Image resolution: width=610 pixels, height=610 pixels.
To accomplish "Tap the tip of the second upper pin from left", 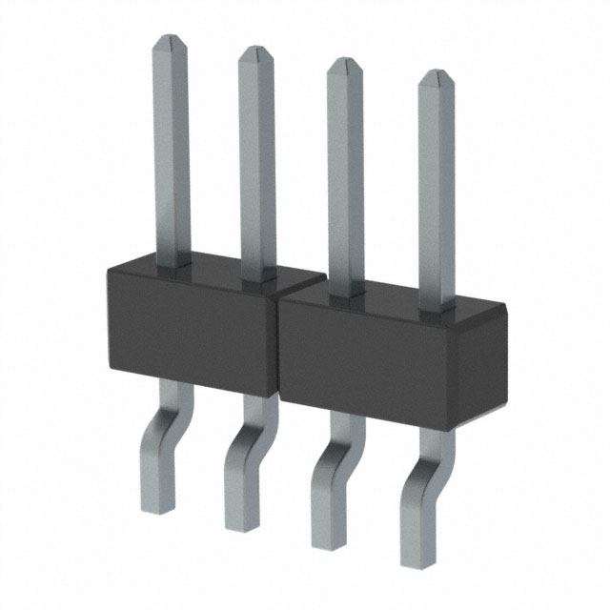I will pyautogui.click(x=256, y=50).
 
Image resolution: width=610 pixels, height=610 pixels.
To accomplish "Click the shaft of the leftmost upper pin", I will pyautogui.click(x=171, y=152).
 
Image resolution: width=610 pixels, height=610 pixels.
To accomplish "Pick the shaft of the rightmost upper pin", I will pyautogui.click(x=437, y=191).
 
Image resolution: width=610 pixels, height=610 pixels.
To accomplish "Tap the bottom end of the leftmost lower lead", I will pyautogui.click(x=157, y=503).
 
